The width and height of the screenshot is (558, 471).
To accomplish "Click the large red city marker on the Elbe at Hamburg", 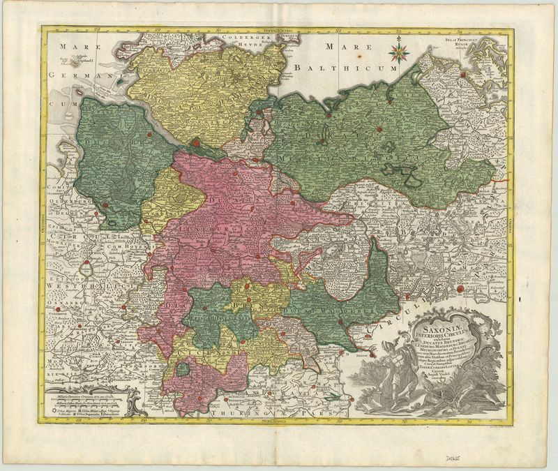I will [197, 142].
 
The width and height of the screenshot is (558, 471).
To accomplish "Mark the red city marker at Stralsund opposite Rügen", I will [462, 73].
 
